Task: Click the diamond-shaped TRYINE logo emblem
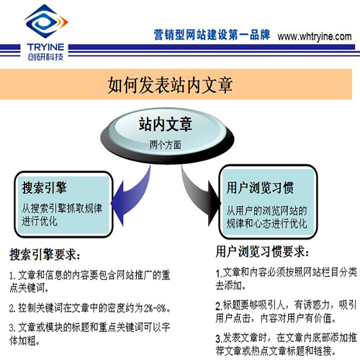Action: click(45, 22)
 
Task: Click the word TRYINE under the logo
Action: click(45, 47)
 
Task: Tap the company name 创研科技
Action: click(45, 57)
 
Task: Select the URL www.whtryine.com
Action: click(315, 37)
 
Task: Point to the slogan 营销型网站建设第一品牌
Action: click(212, 35)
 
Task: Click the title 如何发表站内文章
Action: click(170, 85)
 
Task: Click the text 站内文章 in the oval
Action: click(166, 124)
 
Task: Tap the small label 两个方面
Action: click(166, 145)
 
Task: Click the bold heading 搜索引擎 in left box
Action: click(45, 187)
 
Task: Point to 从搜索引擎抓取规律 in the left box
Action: click(62, 208)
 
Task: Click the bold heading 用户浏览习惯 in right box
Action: click(260, 187)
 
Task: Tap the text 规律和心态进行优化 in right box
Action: click(267, 223)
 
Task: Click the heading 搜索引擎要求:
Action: click(45, 254)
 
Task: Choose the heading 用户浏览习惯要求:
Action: click(262, 251)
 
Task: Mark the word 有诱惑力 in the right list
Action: click(312, 305)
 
